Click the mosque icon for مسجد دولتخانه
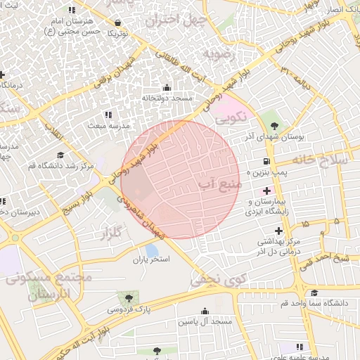coord(167,88)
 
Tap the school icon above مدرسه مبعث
coord(108,114)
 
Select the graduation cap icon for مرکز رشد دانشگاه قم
coord(60,155)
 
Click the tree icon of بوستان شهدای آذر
coord(274,124)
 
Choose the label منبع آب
coord(219,184)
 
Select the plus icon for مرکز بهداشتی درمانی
coord(279,231)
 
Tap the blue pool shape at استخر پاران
coord(152,250)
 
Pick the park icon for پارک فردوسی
coord(127,297)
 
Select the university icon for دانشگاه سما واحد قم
coord(314,293)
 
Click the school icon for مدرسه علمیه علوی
coord(301,347)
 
